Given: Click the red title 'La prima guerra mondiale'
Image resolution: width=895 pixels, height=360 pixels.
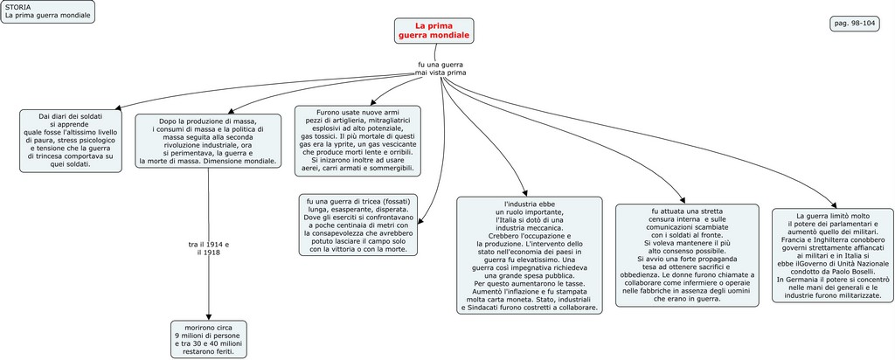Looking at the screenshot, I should tap(434, 31).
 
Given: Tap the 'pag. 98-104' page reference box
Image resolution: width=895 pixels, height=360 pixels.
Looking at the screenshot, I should tap(854, 24).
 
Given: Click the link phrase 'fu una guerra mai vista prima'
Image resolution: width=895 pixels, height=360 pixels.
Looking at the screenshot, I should tap(441, 68).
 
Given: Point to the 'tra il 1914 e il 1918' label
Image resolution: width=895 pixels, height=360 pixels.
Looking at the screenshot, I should tap(209, 248).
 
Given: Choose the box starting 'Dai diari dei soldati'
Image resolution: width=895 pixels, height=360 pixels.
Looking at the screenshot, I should tap(71, 141).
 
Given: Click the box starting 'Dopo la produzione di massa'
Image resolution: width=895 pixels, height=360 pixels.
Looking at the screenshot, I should tap(208, 141).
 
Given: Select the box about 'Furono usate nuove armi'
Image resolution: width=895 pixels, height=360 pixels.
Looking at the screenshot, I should tap(356, 141).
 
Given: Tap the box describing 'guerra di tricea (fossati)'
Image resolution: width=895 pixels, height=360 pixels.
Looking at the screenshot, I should tap(358, 225).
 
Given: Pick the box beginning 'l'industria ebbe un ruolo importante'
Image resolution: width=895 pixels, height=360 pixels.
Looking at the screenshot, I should tap(530, 255).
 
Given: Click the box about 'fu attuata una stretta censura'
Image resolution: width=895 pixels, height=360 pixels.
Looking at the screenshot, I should tap(686, 255).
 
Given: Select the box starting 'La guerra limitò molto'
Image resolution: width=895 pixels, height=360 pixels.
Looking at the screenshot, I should tap(833, 255).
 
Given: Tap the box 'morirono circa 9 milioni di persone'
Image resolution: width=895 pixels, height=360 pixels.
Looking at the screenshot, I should tap(208, 339).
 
